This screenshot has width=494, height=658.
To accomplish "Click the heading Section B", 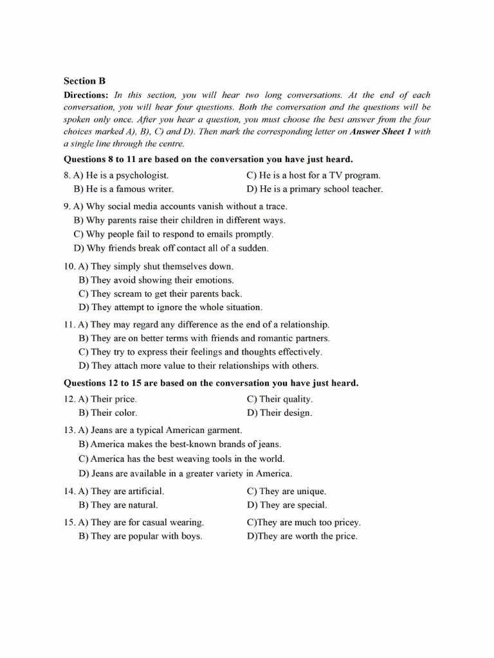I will [x=84, y=81].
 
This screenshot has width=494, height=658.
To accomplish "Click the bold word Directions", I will [x=87, y=94].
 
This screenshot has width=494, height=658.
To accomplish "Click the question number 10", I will [x=69, y=266].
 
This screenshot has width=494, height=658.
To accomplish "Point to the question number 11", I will [x=69, y=325].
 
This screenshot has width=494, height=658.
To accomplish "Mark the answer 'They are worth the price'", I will [x=302, y=536].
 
